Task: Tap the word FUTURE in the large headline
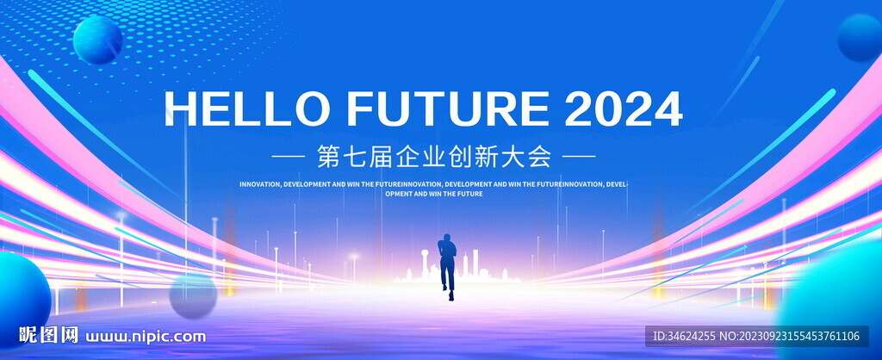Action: [x=448, y=109]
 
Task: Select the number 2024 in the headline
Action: [x=624, y=109]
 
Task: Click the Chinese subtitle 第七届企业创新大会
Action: [x=434, y=157]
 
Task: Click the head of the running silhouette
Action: [x=448, y=238]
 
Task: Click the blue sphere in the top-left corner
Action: [x=98, y=40]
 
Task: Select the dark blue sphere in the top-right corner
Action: [x=860, y=37]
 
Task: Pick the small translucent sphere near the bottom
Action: [x=193, y=296]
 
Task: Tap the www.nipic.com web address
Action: [x=146, y=337]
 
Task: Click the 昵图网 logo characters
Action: [x=48, y=335]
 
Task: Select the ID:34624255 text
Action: [x=684, y=337]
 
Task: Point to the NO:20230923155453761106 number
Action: [x=790, y=337]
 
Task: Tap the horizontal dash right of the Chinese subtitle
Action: [x=580, y=157]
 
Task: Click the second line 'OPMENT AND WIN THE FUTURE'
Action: [x=434, y=194]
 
